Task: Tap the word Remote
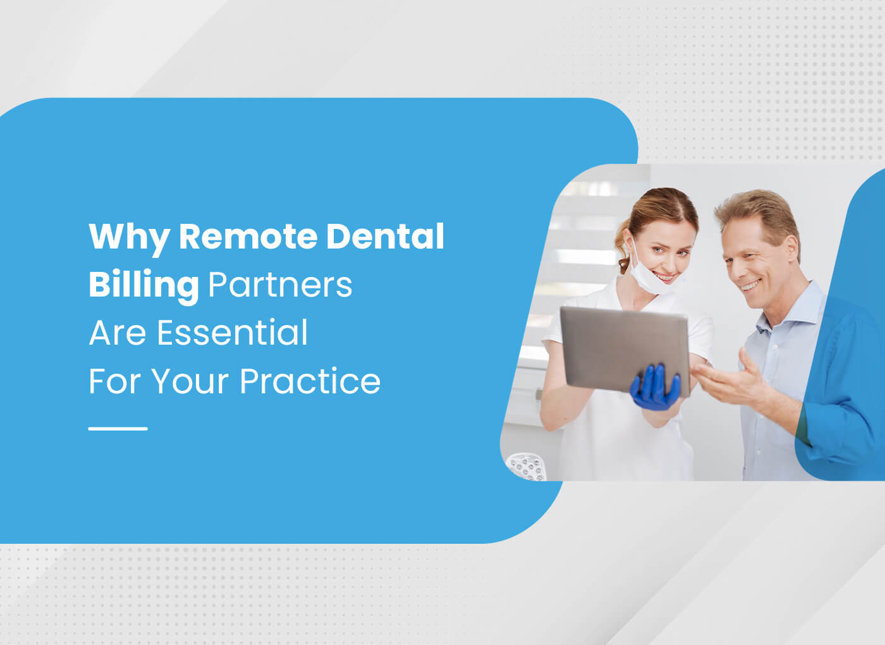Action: click(248, 236)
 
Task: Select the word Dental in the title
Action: click(385, 236)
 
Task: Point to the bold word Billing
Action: click(143, 285)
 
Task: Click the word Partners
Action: click(280, 285)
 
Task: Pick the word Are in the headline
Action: click(117, 333)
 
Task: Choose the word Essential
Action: click(232, 333)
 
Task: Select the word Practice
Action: click(310, 381)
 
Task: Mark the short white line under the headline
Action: click(118, 429)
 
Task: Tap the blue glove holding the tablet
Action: click(656, 388)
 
